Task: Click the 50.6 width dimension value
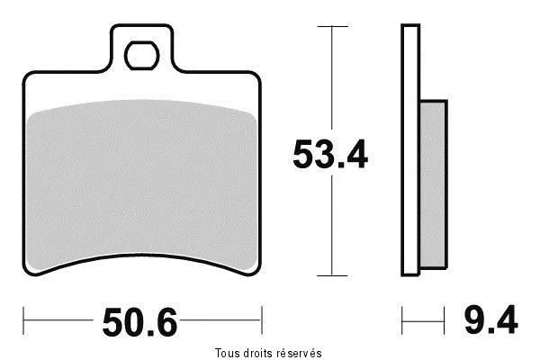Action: [x=139, y=322]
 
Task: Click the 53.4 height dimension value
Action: [x=330, y=154]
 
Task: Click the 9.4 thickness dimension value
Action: [x=490, y=320]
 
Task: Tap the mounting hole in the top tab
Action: [x=141, y=56]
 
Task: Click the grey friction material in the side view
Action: [x=434, y=184]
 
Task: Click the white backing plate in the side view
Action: [x=410, y=150]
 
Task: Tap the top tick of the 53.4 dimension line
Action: [x=332, y=26]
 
